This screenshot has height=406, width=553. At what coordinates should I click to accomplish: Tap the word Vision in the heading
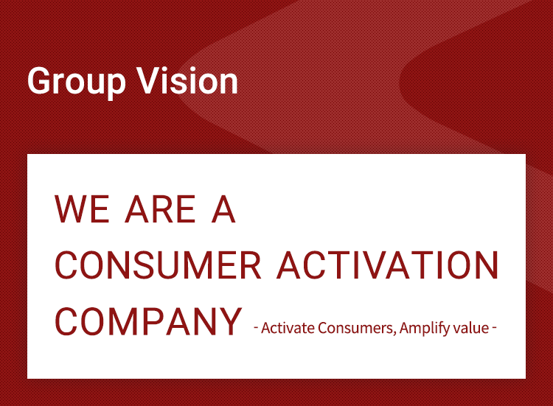(187, 80)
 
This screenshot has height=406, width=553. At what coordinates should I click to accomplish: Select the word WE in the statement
(82, 209)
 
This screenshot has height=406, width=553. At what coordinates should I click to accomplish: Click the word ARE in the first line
(161, 209)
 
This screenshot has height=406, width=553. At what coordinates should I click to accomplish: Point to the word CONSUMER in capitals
(158, 265)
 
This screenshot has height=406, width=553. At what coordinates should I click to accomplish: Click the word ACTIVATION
(388, 265)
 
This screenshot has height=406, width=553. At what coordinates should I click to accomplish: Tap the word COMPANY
(148, 321)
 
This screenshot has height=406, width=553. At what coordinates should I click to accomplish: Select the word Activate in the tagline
(288, 328)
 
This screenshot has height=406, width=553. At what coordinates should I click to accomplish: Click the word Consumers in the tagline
(355, 328)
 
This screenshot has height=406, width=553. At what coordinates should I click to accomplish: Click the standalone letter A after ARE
(223, 209)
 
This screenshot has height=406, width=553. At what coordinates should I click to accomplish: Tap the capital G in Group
(41, 81)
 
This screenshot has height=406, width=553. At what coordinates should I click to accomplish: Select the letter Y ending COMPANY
(230, 321)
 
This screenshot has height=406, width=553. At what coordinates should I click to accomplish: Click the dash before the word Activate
(256, 329)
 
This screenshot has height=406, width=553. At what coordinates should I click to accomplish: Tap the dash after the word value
(494, 329)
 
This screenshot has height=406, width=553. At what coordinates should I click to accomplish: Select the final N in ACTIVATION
(488, 265)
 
